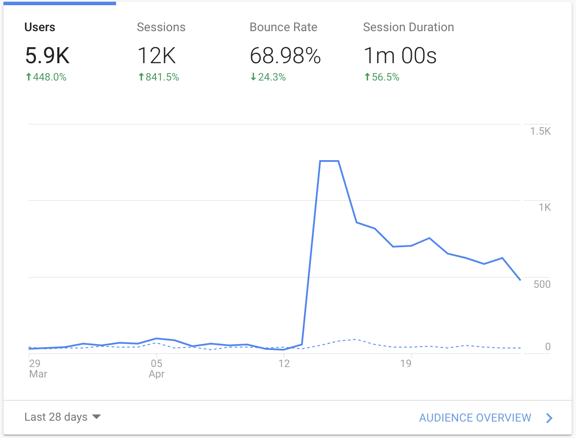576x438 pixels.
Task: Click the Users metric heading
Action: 40,27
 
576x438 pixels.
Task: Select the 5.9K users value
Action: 47,55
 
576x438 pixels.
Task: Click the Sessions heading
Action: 161,27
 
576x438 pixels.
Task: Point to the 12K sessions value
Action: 156,55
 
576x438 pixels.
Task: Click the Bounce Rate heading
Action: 283,27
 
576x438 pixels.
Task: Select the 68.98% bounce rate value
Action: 285,55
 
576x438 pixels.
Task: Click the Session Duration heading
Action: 408,27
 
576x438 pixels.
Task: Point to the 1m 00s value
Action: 400,55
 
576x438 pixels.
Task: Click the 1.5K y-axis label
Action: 540,131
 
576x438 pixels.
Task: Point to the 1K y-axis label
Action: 544,207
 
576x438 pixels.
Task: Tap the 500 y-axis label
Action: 542,284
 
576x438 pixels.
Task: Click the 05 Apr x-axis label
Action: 156,368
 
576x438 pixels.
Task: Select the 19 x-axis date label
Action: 406,364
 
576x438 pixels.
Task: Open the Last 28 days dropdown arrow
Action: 97,417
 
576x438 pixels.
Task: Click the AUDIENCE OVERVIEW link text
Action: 475,418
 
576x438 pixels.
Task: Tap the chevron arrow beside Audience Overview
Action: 549,418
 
